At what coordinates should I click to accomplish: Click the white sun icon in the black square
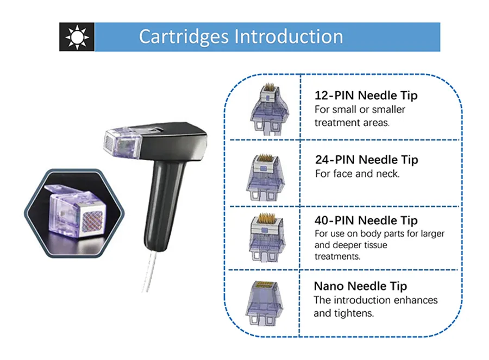click(77, 37)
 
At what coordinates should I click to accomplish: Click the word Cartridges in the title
click(184, 36)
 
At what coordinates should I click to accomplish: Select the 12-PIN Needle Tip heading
click(366, 96)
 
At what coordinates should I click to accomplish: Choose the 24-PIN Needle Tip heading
click(367, 160)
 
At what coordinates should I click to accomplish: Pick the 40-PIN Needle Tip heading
click(366, 220)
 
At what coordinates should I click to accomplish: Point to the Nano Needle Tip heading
click(360, 286)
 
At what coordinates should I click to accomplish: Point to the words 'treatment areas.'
click(352, 123)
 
